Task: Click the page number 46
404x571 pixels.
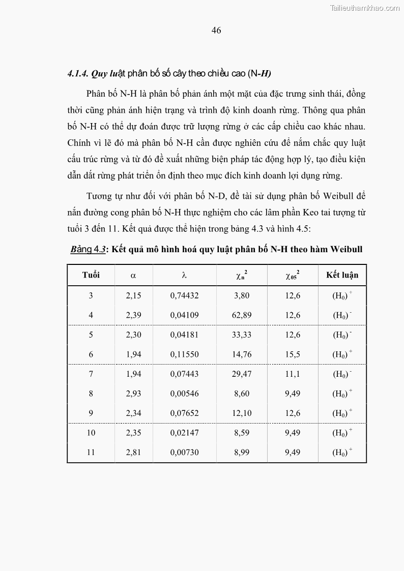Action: click(x=216, y=31)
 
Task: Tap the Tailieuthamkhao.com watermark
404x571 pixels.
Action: click(x=365, y=8)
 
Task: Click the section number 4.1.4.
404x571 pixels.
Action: click(x=78, y=74)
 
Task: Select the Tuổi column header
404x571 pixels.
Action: click(x=91, y=275)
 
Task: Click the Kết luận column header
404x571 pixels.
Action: click(x=342, y=275)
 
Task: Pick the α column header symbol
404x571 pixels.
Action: click(x=133, y=275)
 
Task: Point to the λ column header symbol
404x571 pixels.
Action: click(x=184, y=275)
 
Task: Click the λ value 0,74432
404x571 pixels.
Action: click(x=184, y=295)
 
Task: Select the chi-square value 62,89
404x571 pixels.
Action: click(x=242, y=315)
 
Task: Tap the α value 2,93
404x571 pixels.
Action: click(x=133, y=394)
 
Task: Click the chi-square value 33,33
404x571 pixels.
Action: click(x=242, y=335)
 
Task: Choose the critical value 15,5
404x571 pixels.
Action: click(x=293, y=354)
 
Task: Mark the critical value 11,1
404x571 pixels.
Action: click(x=293, y=374)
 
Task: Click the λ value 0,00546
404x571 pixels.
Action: click(x=184, y=394)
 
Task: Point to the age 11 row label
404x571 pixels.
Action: click(x=91, y=453)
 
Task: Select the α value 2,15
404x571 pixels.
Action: click(x=133, y=295)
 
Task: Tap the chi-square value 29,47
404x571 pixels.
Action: click(x=242, y=374)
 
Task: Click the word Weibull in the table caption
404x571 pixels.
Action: click(x=347, y=249)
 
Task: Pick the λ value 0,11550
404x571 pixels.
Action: click(x=184, y=354)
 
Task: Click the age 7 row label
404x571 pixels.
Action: click(x=91, y=374)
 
